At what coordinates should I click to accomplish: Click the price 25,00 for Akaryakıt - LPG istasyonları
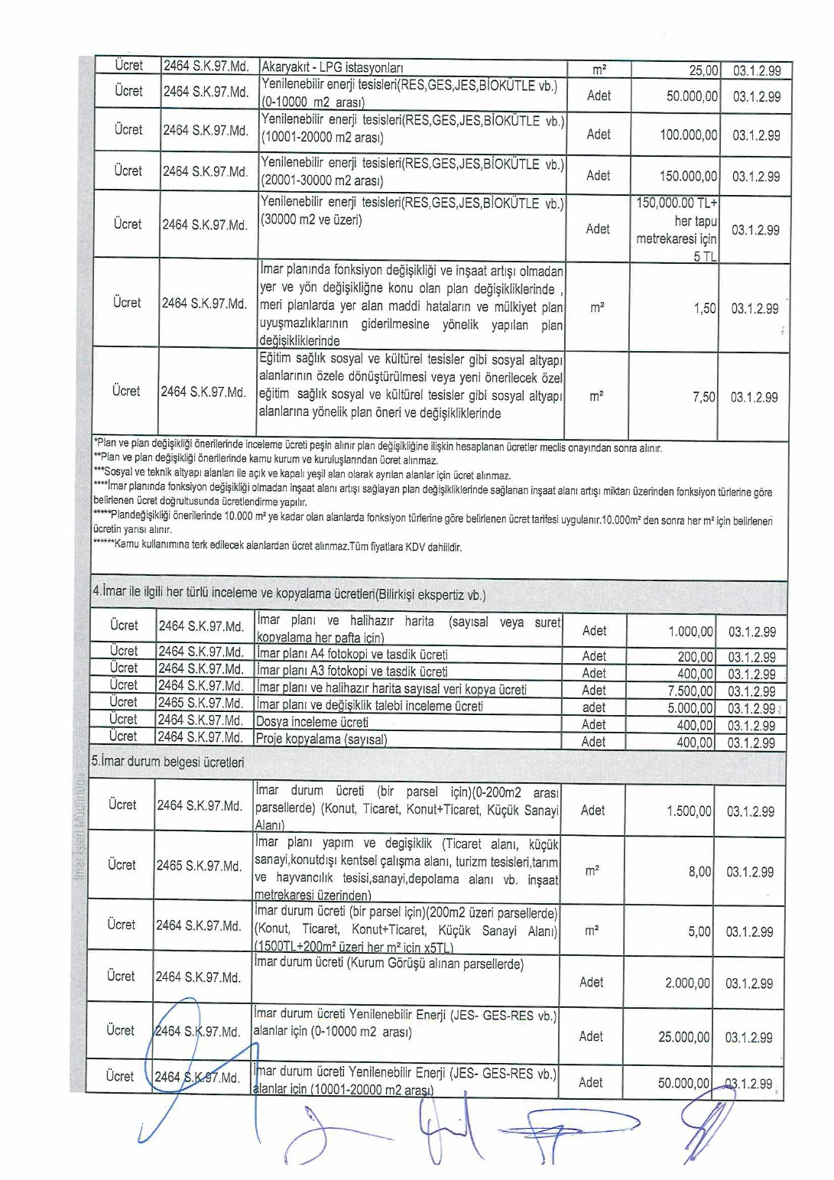pyautogui.click(x=703, y=70)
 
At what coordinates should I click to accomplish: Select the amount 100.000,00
pyautogui.click(x=688, y=135)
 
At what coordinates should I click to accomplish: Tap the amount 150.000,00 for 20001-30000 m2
pyautogui.click(x=688, y=176)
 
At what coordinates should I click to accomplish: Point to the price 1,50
pyautogui.click(x=704, y=308)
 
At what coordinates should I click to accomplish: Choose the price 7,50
pyautogui.click(x=703, y=397)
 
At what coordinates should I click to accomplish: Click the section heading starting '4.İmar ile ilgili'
pyautogui.click(x=288, y=593)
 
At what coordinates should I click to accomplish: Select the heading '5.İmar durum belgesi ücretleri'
pyautogui.click(x=167, y=762)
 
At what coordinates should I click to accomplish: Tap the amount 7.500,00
pyautogui.click(x=690, y=691)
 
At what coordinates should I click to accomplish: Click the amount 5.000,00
pyautogui.click(x=690, y=708)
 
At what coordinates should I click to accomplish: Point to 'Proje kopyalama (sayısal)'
pyautogui.click(x=321, y=740)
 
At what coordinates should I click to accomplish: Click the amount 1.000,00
pyautogui.click(x=690, y=632)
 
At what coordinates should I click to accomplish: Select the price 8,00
pyautogui.click(x=699, y=871)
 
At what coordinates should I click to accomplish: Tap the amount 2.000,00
pyautogui.click(x=687, y=983)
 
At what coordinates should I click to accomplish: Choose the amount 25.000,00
pyautogui.click(x=683, y=1037)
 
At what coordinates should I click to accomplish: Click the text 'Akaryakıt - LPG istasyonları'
pyautogui.click(x=332, y=67)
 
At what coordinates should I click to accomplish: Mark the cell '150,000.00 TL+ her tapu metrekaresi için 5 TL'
pyautogui.click(x=677, y=229)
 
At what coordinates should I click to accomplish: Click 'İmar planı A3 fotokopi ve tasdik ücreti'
pyautogui.click(x=352, y=671)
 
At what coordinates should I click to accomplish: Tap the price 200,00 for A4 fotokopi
pyautogui.click(x=695, y=657)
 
